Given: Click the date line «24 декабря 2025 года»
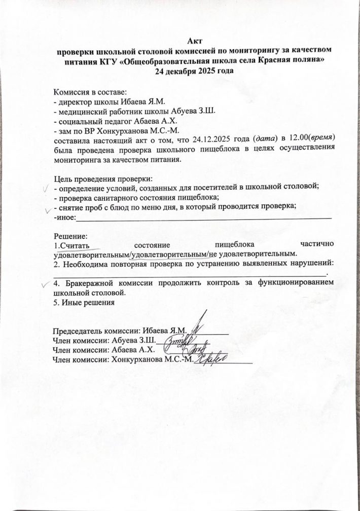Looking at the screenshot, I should point(195,71).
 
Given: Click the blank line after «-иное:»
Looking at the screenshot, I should point(203,217).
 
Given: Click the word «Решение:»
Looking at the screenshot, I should point(71,236).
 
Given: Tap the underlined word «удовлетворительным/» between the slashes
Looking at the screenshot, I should point(170,253).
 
